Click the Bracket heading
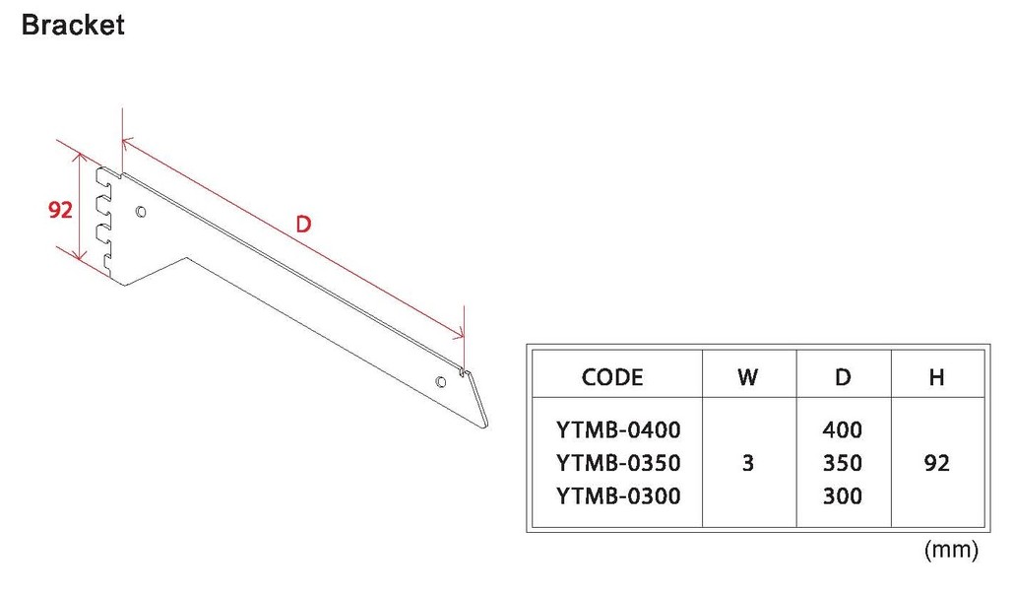(73, 25)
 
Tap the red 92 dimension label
(61, 211)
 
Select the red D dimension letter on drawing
(303, 225)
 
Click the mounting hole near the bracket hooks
(141, 211)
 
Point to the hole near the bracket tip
(442, 380)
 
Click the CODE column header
(612, 376)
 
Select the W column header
(747, 376)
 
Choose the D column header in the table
(842, 376)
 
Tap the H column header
(937, 376)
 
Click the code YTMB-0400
(618, 430)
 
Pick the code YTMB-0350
(618, 463)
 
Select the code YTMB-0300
(618, 495)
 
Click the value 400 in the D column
(842, 430)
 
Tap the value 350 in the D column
(842, 463)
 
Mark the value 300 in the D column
(842, 495)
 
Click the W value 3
(747, 463)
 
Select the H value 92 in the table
(937, 463)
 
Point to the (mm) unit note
(951, 551)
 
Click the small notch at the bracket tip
(462, 373)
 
